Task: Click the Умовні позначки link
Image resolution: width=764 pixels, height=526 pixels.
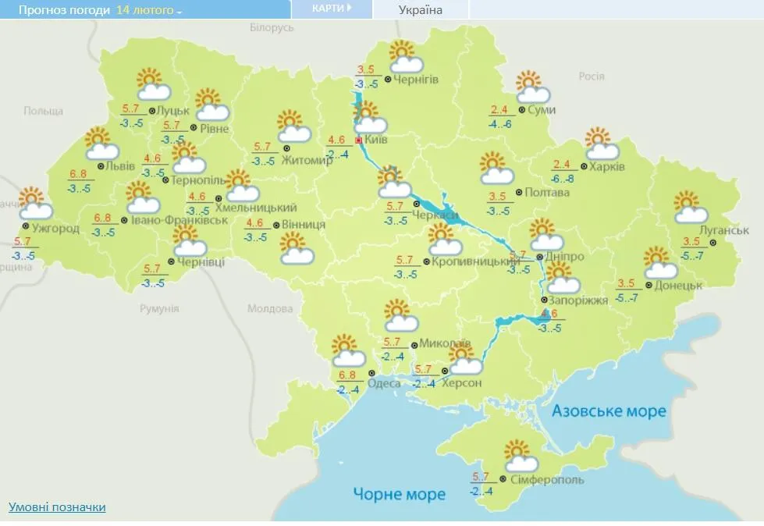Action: tap(57, 507)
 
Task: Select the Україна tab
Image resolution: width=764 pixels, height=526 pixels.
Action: tap(420, 10)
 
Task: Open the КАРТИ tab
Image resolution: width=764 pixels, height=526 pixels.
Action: tap(331, 9)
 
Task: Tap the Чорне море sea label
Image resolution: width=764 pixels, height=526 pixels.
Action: tap(399, 494)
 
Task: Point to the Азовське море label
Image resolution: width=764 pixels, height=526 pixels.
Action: tap(609, 411)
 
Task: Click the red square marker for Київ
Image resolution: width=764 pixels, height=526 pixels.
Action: tap(359, 140)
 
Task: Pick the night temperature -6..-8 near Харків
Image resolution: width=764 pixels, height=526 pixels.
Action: tap(562, 179)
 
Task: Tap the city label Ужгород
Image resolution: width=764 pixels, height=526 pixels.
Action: tap(55, 228)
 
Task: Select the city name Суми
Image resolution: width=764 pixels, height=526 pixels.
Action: tap(542, 110)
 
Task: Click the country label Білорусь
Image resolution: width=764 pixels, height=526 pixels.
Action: tap(272, 27)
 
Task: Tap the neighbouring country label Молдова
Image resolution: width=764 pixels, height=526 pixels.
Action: tap(270, 309)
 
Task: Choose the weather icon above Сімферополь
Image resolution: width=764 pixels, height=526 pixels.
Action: tap(519, 455)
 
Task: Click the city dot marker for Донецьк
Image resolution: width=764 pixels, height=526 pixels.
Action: tap(647, 286)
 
